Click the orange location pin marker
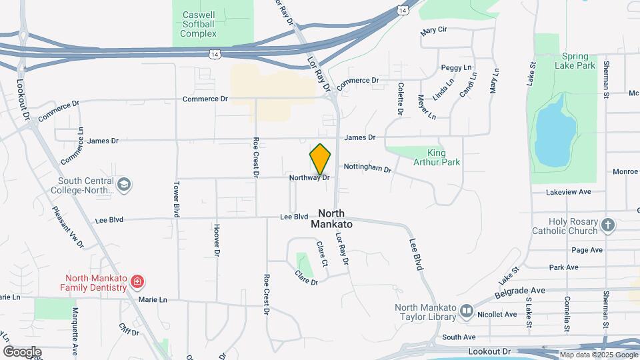320,159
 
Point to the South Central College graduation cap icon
124,183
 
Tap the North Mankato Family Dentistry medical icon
137,282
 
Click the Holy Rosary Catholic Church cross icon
607,225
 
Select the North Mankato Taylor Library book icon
467,311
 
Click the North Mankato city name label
331,219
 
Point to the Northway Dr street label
309,178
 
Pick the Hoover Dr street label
217,239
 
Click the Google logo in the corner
22,351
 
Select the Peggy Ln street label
456,68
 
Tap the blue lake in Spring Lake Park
555,133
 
